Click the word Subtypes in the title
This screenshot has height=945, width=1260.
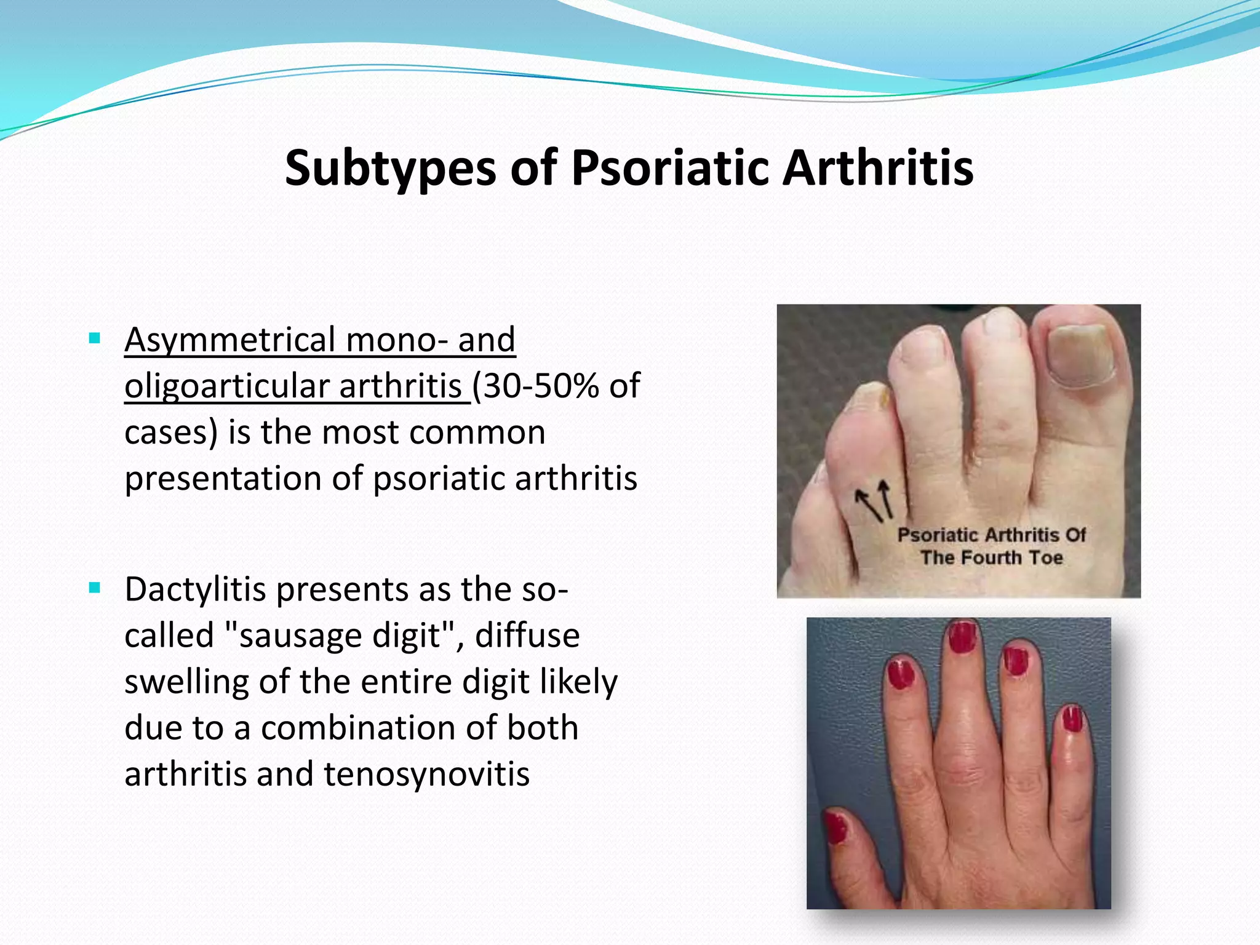(390, 169)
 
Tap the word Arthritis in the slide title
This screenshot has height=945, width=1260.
(878, 169)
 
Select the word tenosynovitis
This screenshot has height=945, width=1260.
(426, 775)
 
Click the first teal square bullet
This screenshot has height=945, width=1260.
(94, 338)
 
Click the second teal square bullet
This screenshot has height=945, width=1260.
(94, 588)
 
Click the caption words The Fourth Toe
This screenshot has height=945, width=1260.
(991, 558)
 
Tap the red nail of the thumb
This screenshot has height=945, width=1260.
(837, 827)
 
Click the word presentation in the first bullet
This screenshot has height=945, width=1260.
(223, 479)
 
